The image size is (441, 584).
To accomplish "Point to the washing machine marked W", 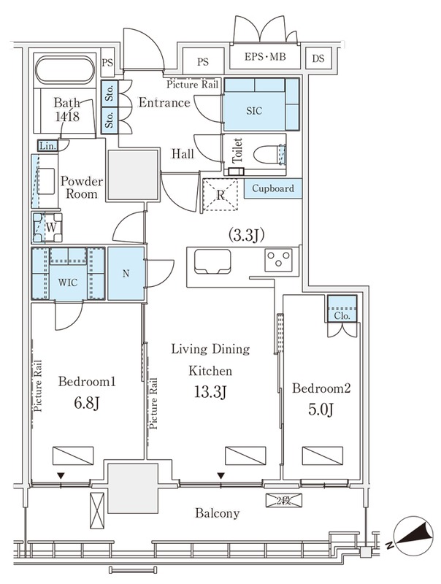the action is pyautogui.click(x=47, y=227).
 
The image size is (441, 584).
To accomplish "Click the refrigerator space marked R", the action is pyautogui.click(x=220, y=195).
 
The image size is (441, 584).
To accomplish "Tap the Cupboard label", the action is pyautogui.click(x=273, y=188).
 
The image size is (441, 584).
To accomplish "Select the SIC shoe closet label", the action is pyautogui.click(x=254, y=111).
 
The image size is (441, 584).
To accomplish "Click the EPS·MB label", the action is pyautogui.click(x=265, y=57).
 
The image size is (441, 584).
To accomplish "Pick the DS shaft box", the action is pyautogui.click(x=318, y=58).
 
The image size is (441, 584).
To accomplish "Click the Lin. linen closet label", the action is pyautogui.click(x=47, y=146).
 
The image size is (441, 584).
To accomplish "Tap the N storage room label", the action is pyautogui.click(x=126, y=274).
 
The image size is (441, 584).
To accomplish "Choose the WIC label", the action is pyautogui.click(x=68, y=283).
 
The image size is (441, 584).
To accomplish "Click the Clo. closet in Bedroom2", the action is pyautogui.click(x=342, y=309).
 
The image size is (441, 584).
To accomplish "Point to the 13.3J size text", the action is pyautogui.click(x=210, y=392).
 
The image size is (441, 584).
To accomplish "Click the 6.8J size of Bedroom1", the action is pyautogui.click(x=86, y=403).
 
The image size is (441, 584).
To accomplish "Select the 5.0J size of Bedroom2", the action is pyautogui.click(x=321, y=410).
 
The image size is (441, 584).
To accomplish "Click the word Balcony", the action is pyautogui.click(x=218, y=513).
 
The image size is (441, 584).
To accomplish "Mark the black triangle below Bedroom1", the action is pyautogui.click(x=61, y=476).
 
